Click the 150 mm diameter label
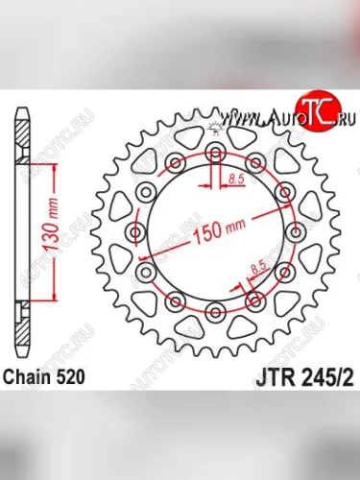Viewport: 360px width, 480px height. [223, 230]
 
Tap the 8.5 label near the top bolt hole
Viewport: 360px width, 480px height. [236, 178]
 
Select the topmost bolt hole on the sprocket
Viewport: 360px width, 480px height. [215, 154]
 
